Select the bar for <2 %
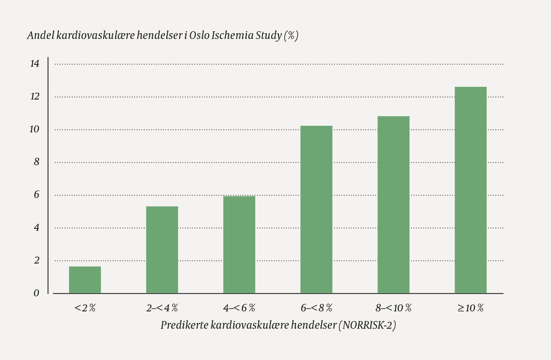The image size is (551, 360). [x=85, y=280]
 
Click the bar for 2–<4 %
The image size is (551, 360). [x=162, y=250]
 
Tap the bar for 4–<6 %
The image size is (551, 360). [x=239, y=245]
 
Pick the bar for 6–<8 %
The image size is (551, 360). [x=316, y=210]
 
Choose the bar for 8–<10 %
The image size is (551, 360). [x=393, y=205]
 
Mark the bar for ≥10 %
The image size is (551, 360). [x=470, y=190]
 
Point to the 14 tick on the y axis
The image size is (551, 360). [x=35, y=64]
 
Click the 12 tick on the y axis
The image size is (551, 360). [x=35, y=96]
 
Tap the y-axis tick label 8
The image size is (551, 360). [x=37, y=162]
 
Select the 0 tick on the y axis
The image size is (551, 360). [x=37, y=293]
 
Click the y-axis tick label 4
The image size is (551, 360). [x=37, y=228]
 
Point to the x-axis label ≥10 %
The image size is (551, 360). [x=470, y=308]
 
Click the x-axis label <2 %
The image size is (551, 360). [x=85, y=308]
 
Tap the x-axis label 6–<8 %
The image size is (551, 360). [x=316, y=308]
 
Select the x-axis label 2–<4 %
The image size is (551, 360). [x=162, y=308]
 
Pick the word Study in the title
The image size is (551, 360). [x=269, y=35]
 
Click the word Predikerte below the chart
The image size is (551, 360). [x=184, y=325]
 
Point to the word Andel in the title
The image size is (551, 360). [x=40, y=35]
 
